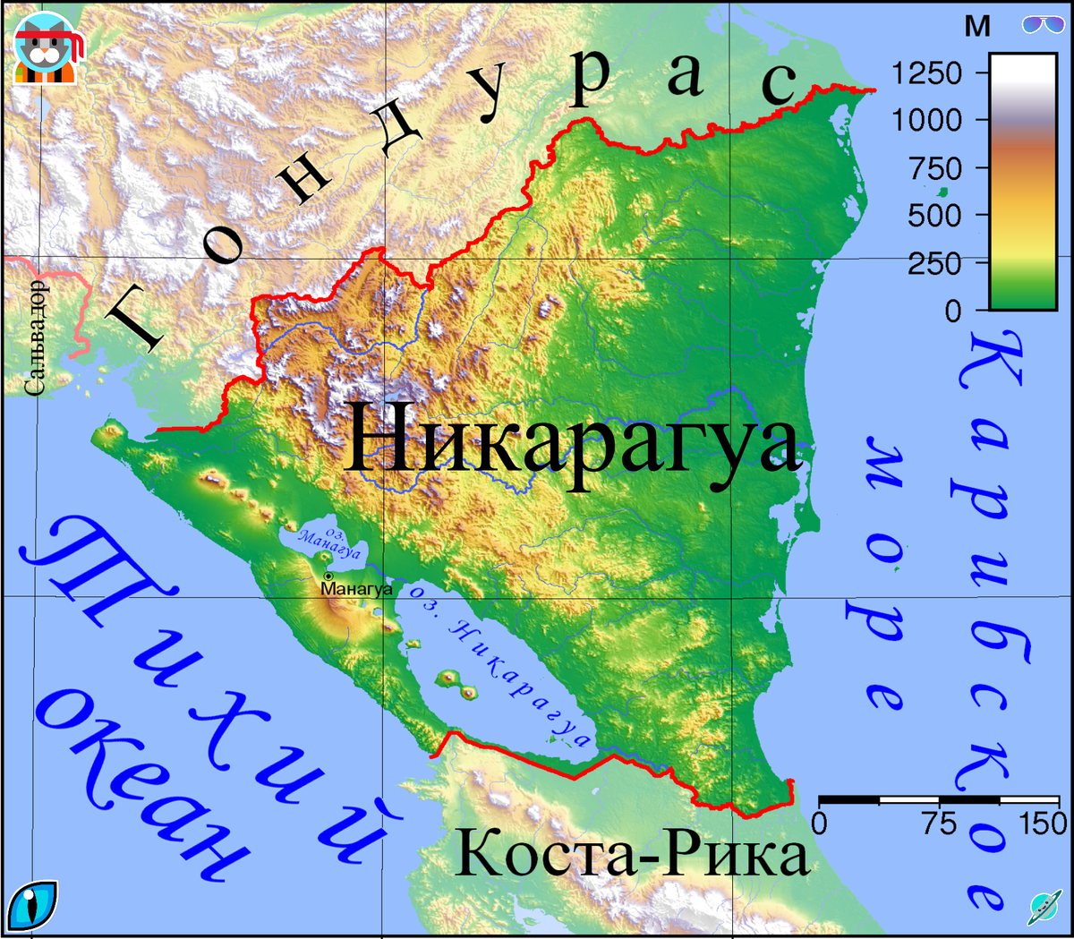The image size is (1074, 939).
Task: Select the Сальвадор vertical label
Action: coord(36,338)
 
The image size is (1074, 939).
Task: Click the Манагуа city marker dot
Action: coord(328,576)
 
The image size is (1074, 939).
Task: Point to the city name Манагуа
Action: coord(356,589)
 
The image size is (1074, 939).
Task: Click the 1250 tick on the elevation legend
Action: coord(927,73)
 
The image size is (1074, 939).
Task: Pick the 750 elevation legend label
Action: coord(934,168)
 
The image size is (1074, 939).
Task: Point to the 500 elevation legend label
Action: coord(934,216)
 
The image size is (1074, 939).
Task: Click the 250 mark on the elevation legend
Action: coord(934,264)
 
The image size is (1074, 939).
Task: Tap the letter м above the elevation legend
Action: coord(977,27)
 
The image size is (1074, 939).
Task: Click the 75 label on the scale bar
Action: coord(940,824)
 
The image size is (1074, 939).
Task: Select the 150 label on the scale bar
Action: coord(1044,824)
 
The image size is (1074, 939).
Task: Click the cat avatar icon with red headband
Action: coord(47,50)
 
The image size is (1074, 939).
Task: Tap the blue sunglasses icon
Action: coord(1043,24)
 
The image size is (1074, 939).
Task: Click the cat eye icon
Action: coord(32,905)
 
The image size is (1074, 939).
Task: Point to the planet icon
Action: coord(1044,907)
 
